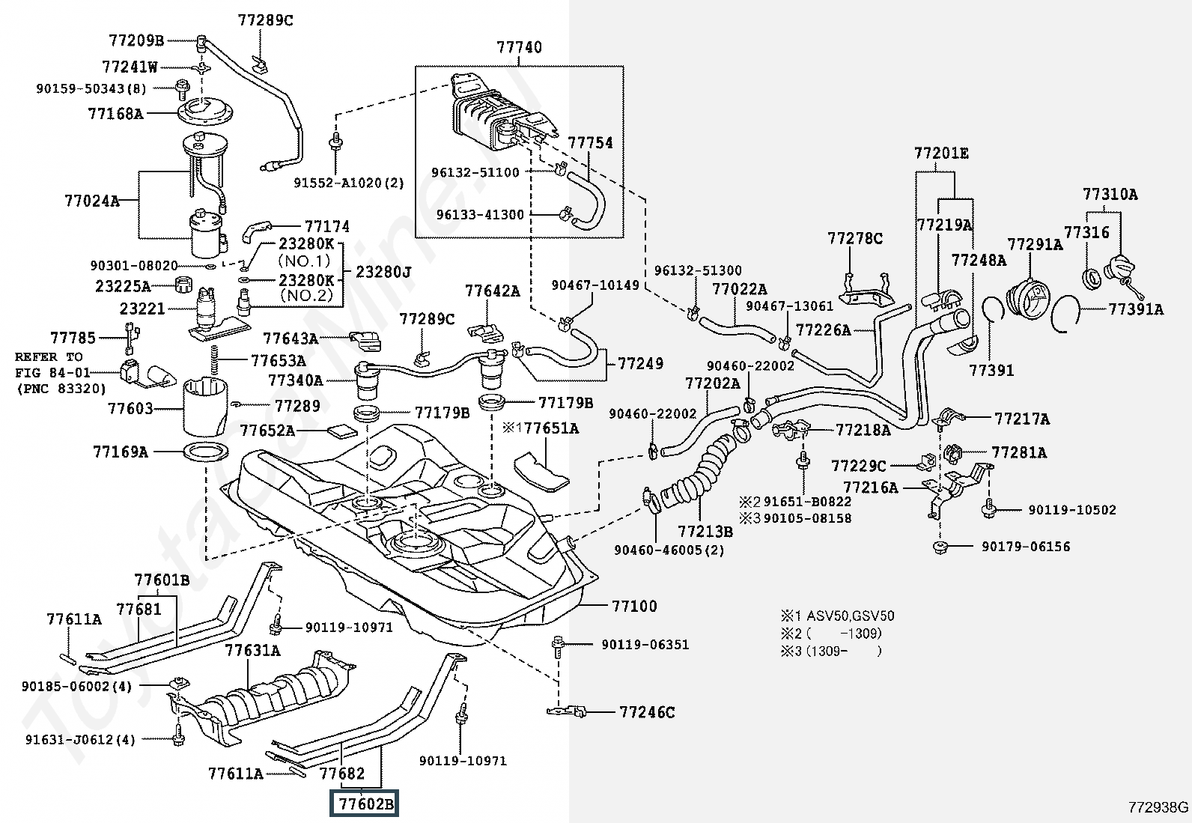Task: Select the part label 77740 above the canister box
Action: tap(520, 47)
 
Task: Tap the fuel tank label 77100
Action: tap(634, 606)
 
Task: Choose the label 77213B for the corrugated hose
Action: tap(705, 531)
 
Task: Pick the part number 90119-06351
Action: tap(645, 645)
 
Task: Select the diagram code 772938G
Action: tap(1158, 807)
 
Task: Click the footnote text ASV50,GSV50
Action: tap(851, 616)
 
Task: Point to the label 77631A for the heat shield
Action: tap(252, 650)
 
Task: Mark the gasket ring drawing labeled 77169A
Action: tap(207, 452)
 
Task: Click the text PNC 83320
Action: tap(65, 389)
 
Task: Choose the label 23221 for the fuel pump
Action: tap(142, 309)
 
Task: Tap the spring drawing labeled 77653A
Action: tap(215, 360)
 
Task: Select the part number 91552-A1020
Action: tap(339, 183)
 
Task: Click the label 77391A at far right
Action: tap(1136, 309)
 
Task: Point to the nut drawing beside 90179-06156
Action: tap(941, 547)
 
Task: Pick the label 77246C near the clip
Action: tap(647, 712)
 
